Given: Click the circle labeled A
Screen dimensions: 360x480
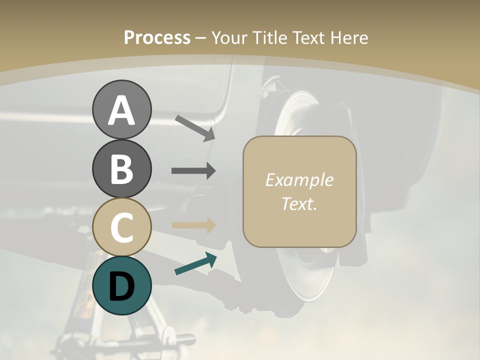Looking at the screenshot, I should pos(122,109).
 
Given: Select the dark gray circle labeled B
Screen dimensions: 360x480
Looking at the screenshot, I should pos(122,168).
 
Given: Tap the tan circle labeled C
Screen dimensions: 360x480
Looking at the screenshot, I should pos(122,227).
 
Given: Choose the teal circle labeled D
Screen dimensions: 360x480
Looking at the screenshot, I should pos(122,285).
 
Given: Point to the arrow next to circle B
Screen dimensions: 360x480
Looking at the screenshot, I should pos(193,171).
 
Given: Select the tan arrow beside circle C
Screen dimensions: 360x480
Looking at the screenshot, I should pos(193,225).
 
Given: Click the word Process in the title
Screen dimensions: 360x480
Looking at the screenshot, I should pos(157,37).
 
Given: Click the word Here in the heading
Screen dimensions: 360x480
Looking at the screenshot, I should pos(349,37).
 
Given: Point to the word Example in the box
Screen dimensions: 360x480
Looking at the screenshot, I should pos(299,180).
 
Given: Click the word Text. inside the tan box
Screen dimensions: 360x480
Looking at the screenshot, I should pos(299,204).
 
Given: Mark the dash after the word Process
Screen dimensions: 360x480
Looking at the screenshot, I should pos(201,38).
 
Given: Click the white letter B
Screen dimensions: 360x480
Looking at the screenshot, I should pos(122,169).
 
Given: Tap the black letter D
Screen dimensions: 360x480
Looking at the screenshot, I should pos(122,286).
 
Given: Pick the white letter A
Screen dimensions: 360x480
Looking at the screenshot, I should pos(122,110).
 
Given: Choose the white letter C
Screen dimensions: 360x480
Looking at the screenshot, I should pos(122,227).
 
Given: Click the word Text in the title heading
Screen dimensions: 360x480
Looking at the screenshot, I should pos(308,37).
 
